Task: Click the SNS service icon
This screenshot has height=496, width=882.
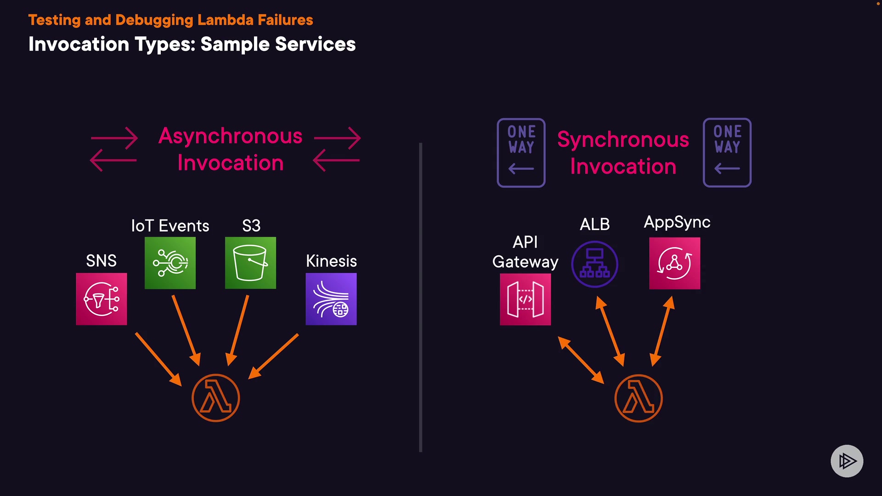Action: [x=102, y=299]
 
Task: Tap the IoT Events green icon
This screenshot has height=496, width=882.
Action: [x=170, y=263]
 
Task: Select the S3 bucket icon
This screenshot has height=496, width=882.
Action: [x=250, y=263]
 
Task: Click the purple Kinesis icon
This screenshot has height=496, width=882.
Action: [x=331, y=299]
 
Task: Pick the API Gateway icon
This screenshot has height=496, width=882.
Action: [x=525, y=299]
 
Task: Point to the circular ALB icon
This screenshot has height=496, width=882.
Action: [x=594, y=265]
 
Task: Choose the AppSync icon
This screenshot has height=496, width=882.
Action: [x=674, y=263]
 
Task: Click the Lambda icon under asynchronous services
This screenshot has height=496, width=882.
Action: [x=216, y=398]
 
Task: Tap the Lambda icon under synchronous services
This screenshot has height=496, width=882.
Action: [x=639, y=398]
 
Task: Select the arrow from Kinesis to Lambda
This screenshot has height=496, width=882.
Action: [x=274, y=356]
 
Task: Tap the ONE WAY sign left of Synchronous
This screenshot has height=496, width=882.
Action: [x=521, y=152]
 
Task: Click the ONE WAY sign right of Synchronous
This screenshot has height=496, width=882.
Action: [x=727, y=152]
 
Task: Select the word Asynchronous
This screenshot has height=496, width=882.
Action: [x=230, y=136]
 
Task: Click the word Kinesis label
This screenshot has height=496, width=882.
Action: [x=331, y=261]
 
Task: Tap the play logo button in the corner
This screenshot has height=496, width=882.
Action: [x=847, y=461]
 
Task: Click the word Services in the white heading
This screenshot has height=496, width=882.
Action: [x=315, y=44]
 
